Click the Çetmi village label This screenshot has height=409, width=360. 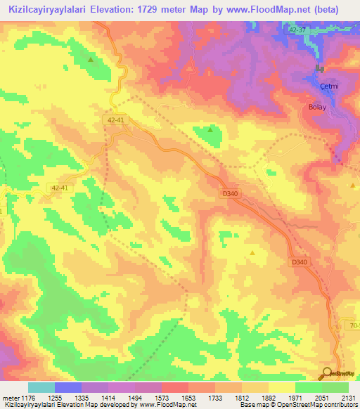[x=329, y=86]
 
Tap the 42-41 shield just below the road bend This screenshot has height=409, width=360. [x=118, y=120]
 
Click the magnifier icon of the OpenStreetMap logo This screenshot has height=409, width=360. [x=327, y=372]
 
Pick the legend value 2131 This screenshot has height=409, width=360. [x=347, y=397]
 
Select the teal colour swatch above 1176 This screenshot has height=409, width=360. [x=41, y=387]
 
